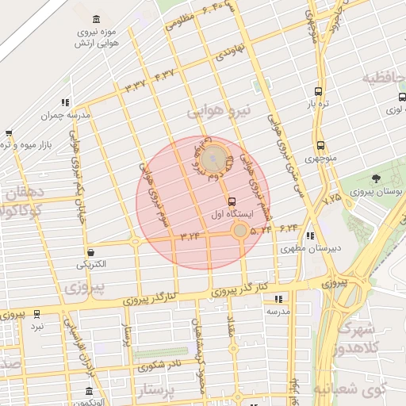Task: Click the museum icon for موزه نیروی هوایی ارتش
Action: [97, 19]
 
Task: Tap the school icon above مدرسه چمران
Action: [64, 102]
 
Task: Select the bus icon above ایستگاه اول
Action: [232, 201]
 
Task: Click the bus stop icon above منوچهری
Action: [320, 145]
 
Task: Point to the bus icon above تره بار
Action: [318, 91]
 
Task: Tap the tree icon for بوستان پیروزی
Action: [376, 178]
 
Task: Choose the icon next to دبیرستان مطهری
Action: [310, 236]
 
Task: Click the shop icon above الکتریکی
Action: [92, 251]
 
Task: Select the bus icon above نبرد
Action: [36, 314]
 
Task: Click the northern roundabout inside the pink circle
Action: [212, 160]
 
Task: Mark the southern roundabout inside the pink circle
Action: [240, 230]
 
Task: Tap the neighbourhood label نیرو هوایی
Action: [218, 112]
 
